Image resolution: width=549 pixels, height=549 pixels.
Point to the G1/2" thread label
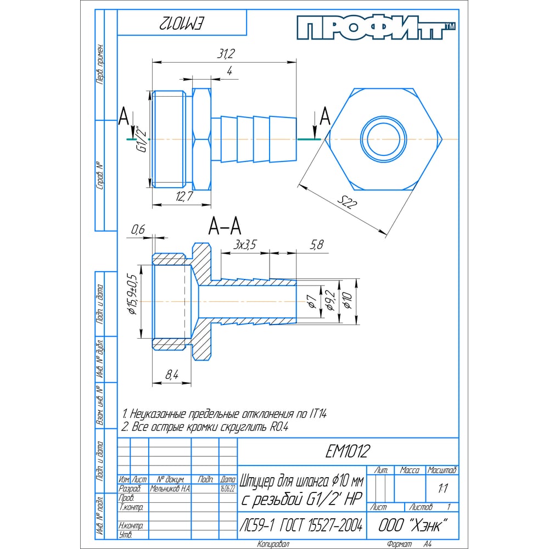141,140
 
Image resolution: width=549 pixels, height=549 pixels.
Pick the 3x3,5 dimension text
245,245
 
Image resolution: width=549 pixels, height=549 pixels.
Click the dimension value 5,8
317,245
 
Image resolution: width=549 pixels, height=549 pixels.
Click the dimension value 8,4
171,375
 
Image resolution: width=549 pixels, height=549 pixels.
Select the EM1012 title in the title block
347,452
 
